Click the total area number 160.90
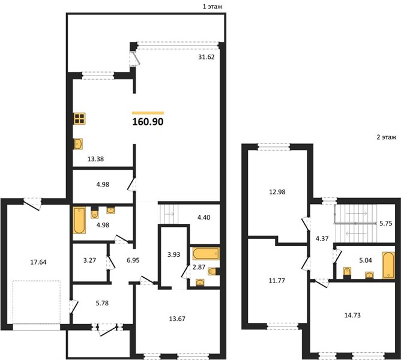(x=148, y=122)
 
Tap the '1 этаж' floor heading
(x=213, y=7)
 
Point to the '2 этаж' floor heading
(x=387, y=137)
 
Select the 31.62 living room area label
(x=207, y=57)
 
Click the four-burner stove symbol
(x=79, y=119)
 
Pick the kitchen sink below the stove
(x=78, y=144)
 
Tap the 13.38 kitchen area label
(x=95, y=159)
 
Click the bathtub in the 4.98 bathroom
(x=79, y=220)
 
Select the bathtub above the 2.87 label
(x=206, y=253)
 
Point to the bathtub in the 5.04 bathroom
(x=388, y=265)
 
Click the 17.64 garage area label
(x=38, y=262)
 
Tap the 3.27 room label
(x=89, y=260)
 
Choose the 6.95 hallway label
(x=133, y=260)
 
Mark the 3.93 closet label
(x=173, y=254)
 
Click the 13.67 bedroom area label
(x=177, y=319)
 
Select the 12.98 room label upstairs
(x=277, y=192)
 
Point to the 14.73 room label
(x=352, y=315)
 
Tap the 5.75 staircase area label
(x=385, y=223)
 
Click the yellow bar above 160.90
(x=148, y=113)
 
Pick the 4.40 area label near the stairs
(x=204, y=218)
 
